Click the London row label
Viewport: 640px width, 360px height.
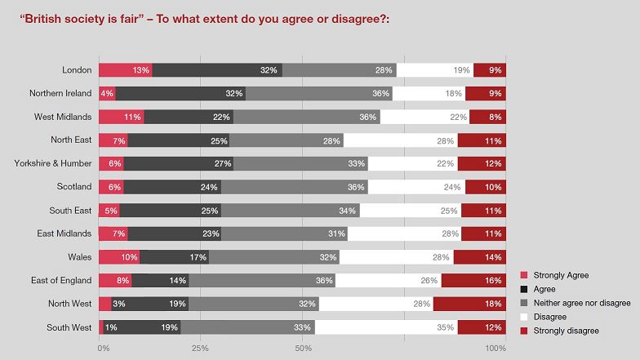(77, 70)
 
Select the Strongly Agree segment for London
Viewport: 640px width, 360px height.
(125, 70)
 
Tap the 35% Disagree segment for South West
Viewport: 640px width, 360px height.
(386, 328)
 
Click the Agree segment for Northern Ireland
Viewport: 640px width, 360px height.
(180, 94)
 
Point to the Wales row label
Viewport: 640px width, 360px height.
(79, 258)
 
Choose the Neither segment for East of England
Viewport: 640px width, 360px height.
(262, 282)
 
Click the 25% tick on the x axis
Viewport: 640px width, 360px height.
(200, 349)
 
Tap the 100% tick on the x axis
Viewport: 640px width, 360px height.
(496, 349)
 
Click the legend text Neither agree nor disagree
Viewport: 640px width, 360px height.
(581, 303)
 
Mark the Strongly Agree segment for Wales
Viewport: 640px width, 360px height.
(119, 258)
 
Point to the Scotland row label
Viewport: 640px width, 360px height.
(73, 187)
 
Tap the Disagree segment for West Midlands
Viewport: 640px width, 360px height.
(424, 117)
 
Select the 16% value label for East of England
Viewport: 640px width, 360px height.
(490, 282)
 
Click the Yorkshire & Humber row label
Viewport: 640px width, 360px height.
(52, 164)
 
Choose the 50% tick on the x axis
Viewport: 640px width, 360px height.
(302, 349)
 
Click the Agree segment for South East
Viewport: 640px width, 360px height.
(170, 211)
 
